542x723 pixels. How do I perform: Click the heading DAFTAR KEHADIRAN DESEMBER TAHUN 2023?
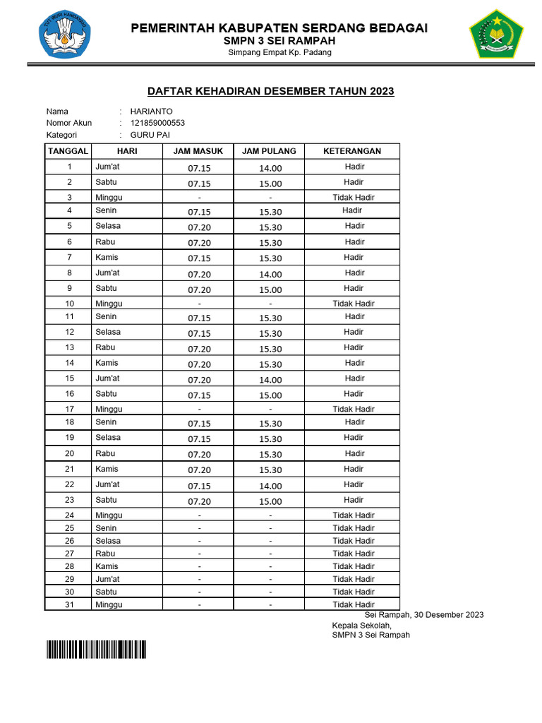[x=270, y=91]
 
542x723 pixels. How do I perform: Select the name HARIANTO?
[x=151, y=112]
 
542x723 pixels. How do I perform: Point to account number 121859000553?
[x=157, y=123]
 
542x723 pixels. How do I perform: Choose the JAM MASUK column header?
[x=198, y=151]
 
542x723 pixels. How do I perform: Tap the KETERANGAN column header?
[x=352, y=151]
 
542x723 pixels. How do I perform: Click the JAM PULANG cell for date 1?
[x=270, y=168]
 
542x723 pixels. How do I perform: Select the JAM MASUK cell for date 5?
[x=199, y=227]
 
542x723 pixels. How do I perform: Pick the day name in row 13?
[x=105, y=347]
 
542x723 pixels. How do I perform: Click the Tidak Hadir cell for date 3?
[x=354, y=198]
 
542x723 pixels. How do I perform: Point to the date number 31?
[x=69, y=604]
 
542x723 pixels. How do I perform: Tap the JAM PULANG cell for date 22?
[x=270, y=486]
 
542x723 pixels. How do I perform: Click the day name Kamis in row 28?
[x=107, y=566]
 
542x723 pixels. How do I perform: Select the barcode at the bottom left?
[x=96, y=649]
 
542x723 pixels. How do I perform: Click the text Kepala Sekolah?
[x=361, y=625]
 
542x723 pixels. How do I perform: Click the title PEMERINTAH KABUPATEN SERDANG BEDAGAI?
[x=279, y=28]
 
